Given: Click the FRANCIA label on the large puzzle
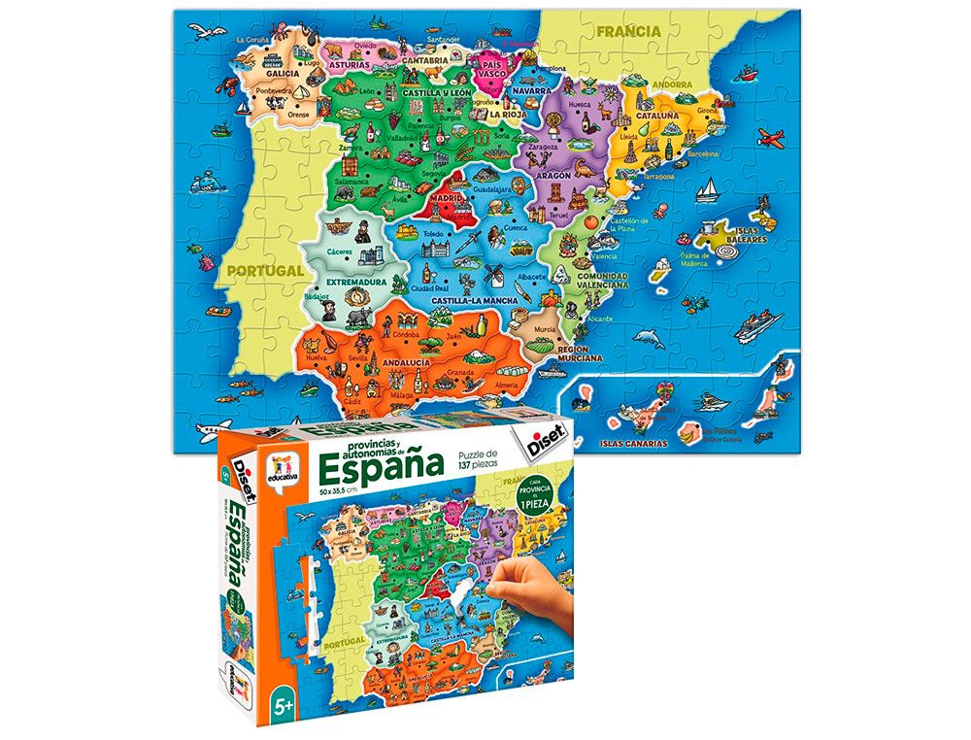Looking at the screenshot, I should tap(628, 31).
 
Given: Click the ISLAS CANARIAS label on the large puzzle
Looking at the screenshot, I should tap(634, 443).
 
